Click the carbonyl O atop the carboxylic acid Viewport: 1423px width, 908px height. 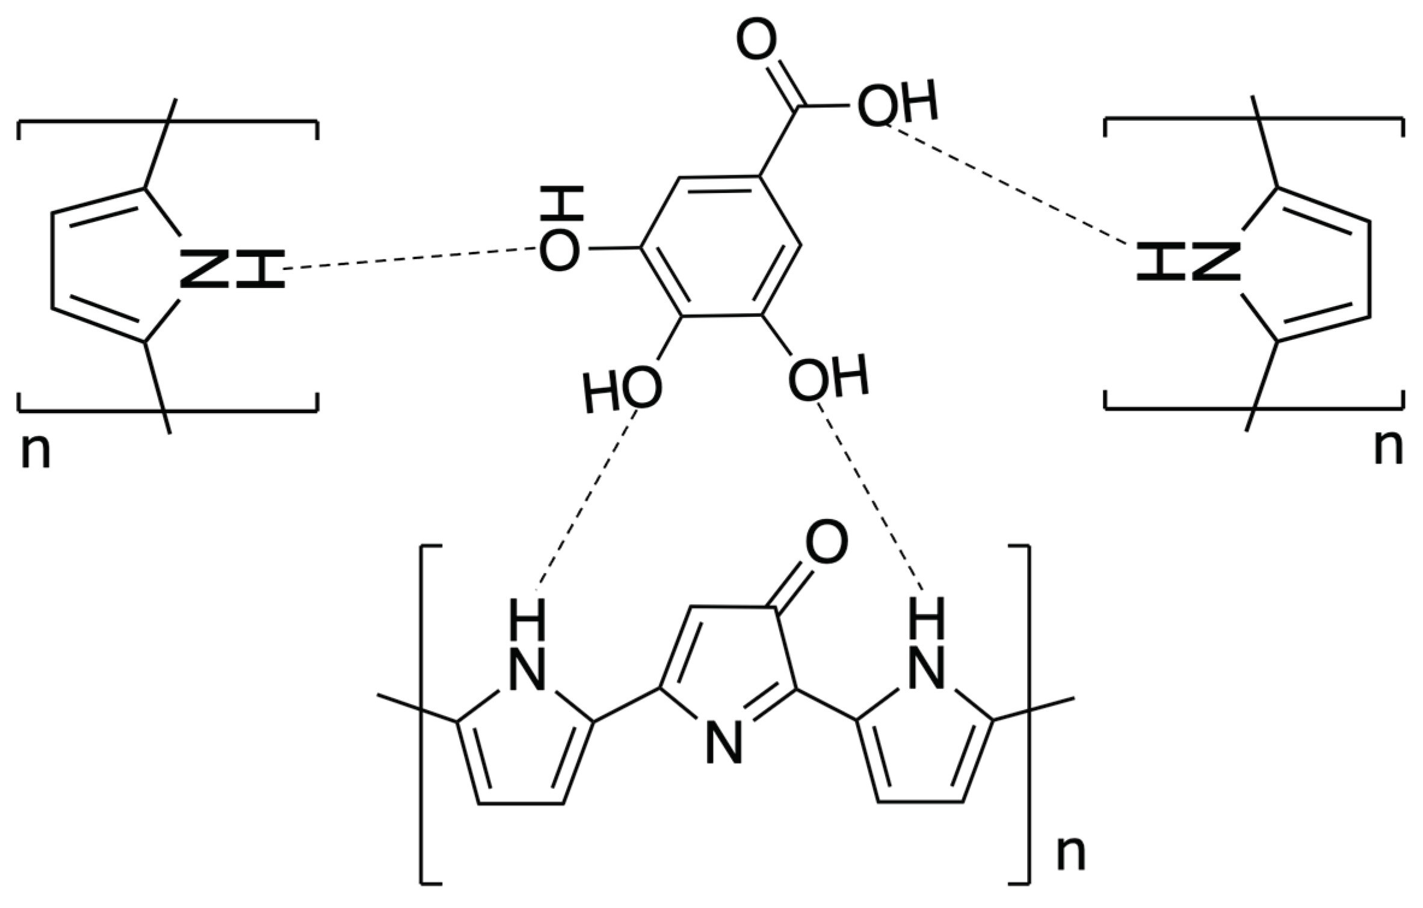pos(756,41)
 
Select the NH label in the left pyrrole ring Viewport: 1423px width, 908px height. pos(232,269)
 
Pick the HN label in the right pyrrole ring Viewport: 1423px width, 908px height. pos(1188,262)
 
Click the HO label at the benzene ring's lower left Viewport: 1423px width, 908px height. pos(623,392)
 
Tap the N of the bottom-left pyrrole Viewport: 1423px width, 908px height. pos(527,669)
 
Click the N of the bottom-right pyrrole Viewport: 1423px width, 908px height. pos(926,669)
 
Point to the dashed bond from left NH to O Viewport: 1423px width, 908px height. pos(409,259)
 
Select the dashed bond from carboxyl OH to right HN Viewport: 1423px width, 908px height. pos(1005,184)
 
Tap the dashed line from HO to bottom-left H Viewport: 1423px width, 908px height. pos(587,499)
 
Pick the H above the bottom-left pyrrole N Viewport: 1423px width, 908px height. pos(527,619)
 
